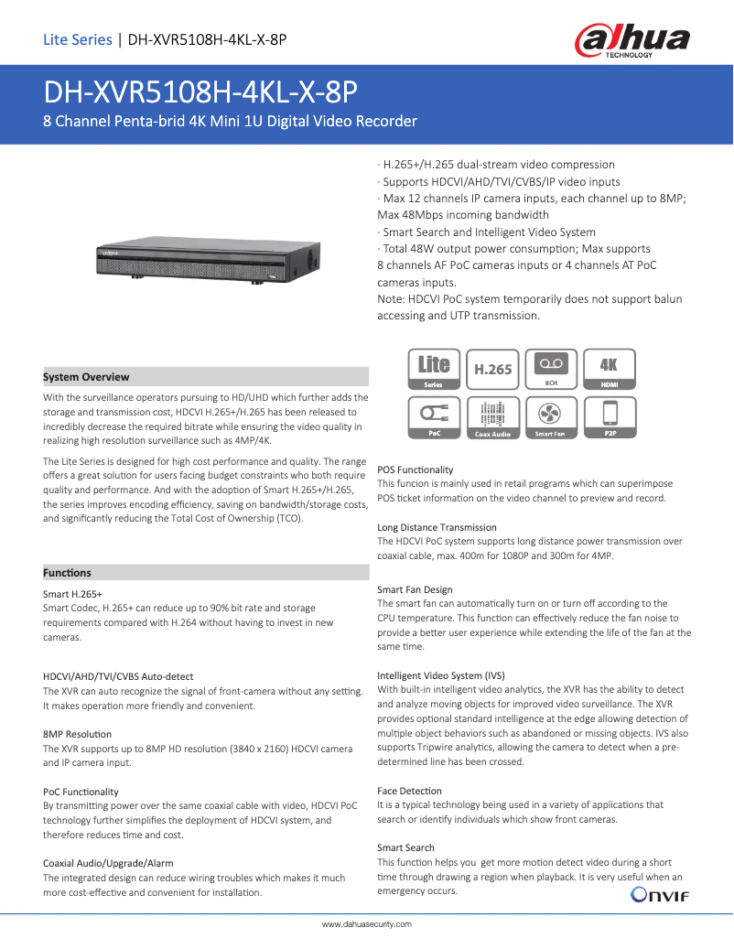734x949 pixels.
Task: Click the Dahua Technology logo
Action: click(631, 41)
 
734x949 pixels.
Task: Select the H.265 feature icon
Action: click(493, 371)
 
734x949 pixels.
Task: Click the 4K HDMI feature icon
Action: click(609, 371)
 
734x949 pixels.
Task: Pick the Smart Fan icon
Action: click(551, 418)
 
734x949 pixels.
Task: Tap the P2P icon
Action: click(609, 418)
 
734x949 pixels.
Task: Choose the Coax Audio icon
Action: click(493, 418)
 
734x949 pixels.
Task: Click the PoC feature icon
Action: click(435, 418)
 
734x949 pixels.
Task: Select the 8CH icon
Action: click(551, 371)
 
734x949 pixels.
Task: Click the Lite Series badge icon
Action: click(435, 371)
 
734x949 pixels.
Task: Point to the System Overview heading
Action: click(87, 377)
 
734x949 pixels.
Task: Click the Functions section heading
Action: click(68, 573)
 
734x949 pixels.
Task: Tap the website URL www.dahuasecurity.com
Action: click(366, 924)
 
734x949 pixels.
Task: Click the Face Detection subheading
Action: click(409, 791)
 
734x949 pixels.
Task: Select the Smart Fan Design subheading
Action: click(415, 589)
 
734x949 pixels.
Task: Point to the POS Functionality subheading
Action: click(415, 469)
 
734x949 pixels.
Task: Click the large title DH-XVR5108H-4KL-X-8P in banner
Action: click(200, 92)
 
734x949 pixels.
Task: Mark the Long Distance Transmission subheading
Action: click(437, 527)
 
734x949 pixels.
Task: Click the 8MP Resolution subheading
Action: click(78, 734)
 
